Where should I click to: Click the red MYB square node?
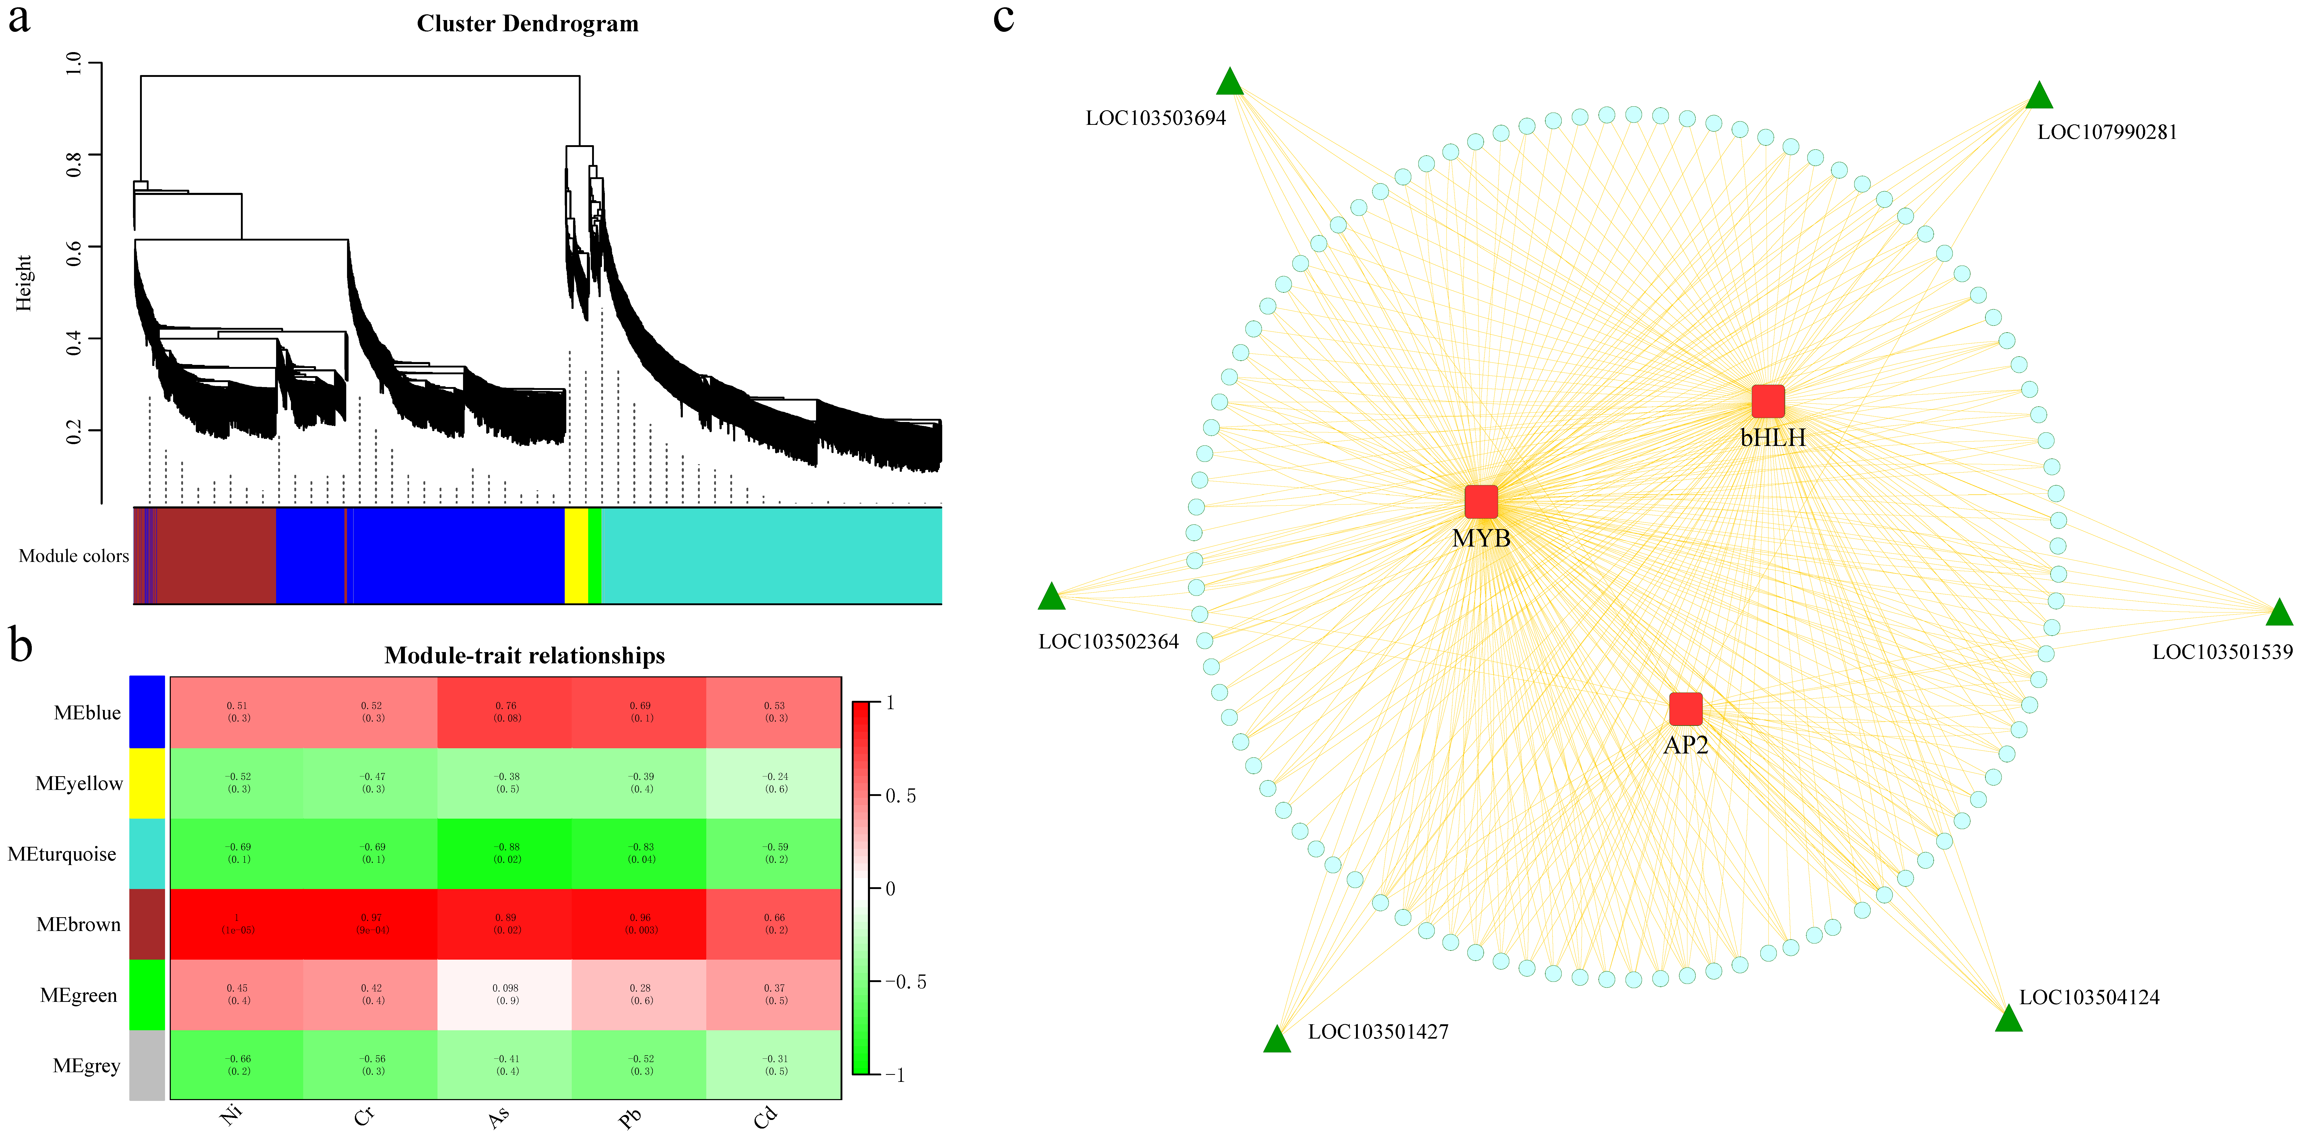(1481, 502)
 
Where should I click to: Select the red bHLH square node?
(1767, 402)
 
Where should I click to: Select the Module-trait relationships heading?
(524, 656)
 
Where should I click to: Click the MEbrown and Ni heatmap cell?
(237, 923)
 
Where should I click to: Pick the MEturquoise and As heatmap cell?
(506, 853)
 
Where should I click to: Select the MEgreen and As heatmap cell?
(506, 994)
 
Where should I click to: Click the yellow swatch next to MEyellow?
(147, 783)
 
